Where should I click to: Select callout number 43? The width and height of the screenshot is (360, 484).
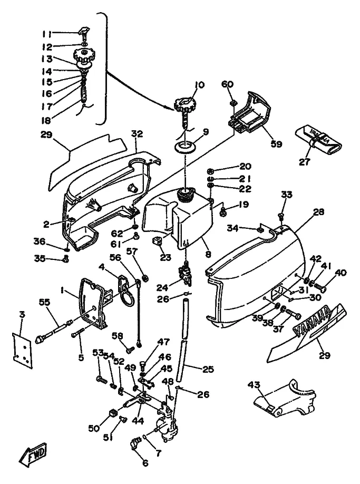click(x=257, y=386)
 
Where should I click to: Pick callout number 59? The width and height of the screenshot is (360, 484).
click(x=277, y=143)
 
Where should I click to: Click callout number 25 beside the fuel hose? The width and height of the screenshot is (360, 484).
click(x=208, y=370)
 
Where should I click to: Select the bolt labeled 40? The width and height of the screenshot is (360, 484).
click(x=320, y=287)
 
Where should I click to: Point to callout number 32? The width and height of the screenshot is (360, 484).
click(x=137, y=134)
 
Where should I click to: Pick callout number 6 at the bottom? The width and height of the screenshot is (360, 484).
click(x=145, y=464)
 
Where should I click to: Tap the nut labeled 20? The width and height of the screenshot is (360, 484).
click(x=210, y=170)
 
